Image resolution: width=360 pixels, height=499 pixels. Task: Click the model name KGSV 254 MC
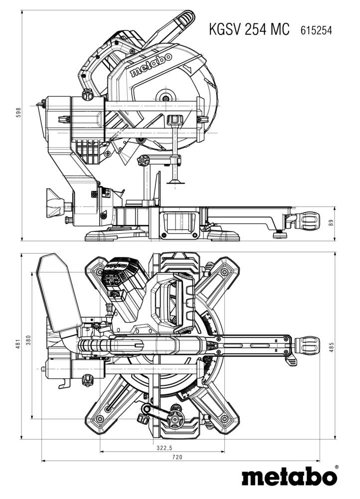(249, 29)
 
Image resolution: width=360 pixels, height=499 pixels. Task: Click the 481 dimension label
(18, 344)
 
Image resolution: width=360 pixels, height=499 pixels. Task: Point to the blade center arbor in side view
(165, 95)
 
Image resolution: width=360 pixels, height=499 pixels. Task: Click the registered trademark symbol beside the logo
(336, 468)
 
